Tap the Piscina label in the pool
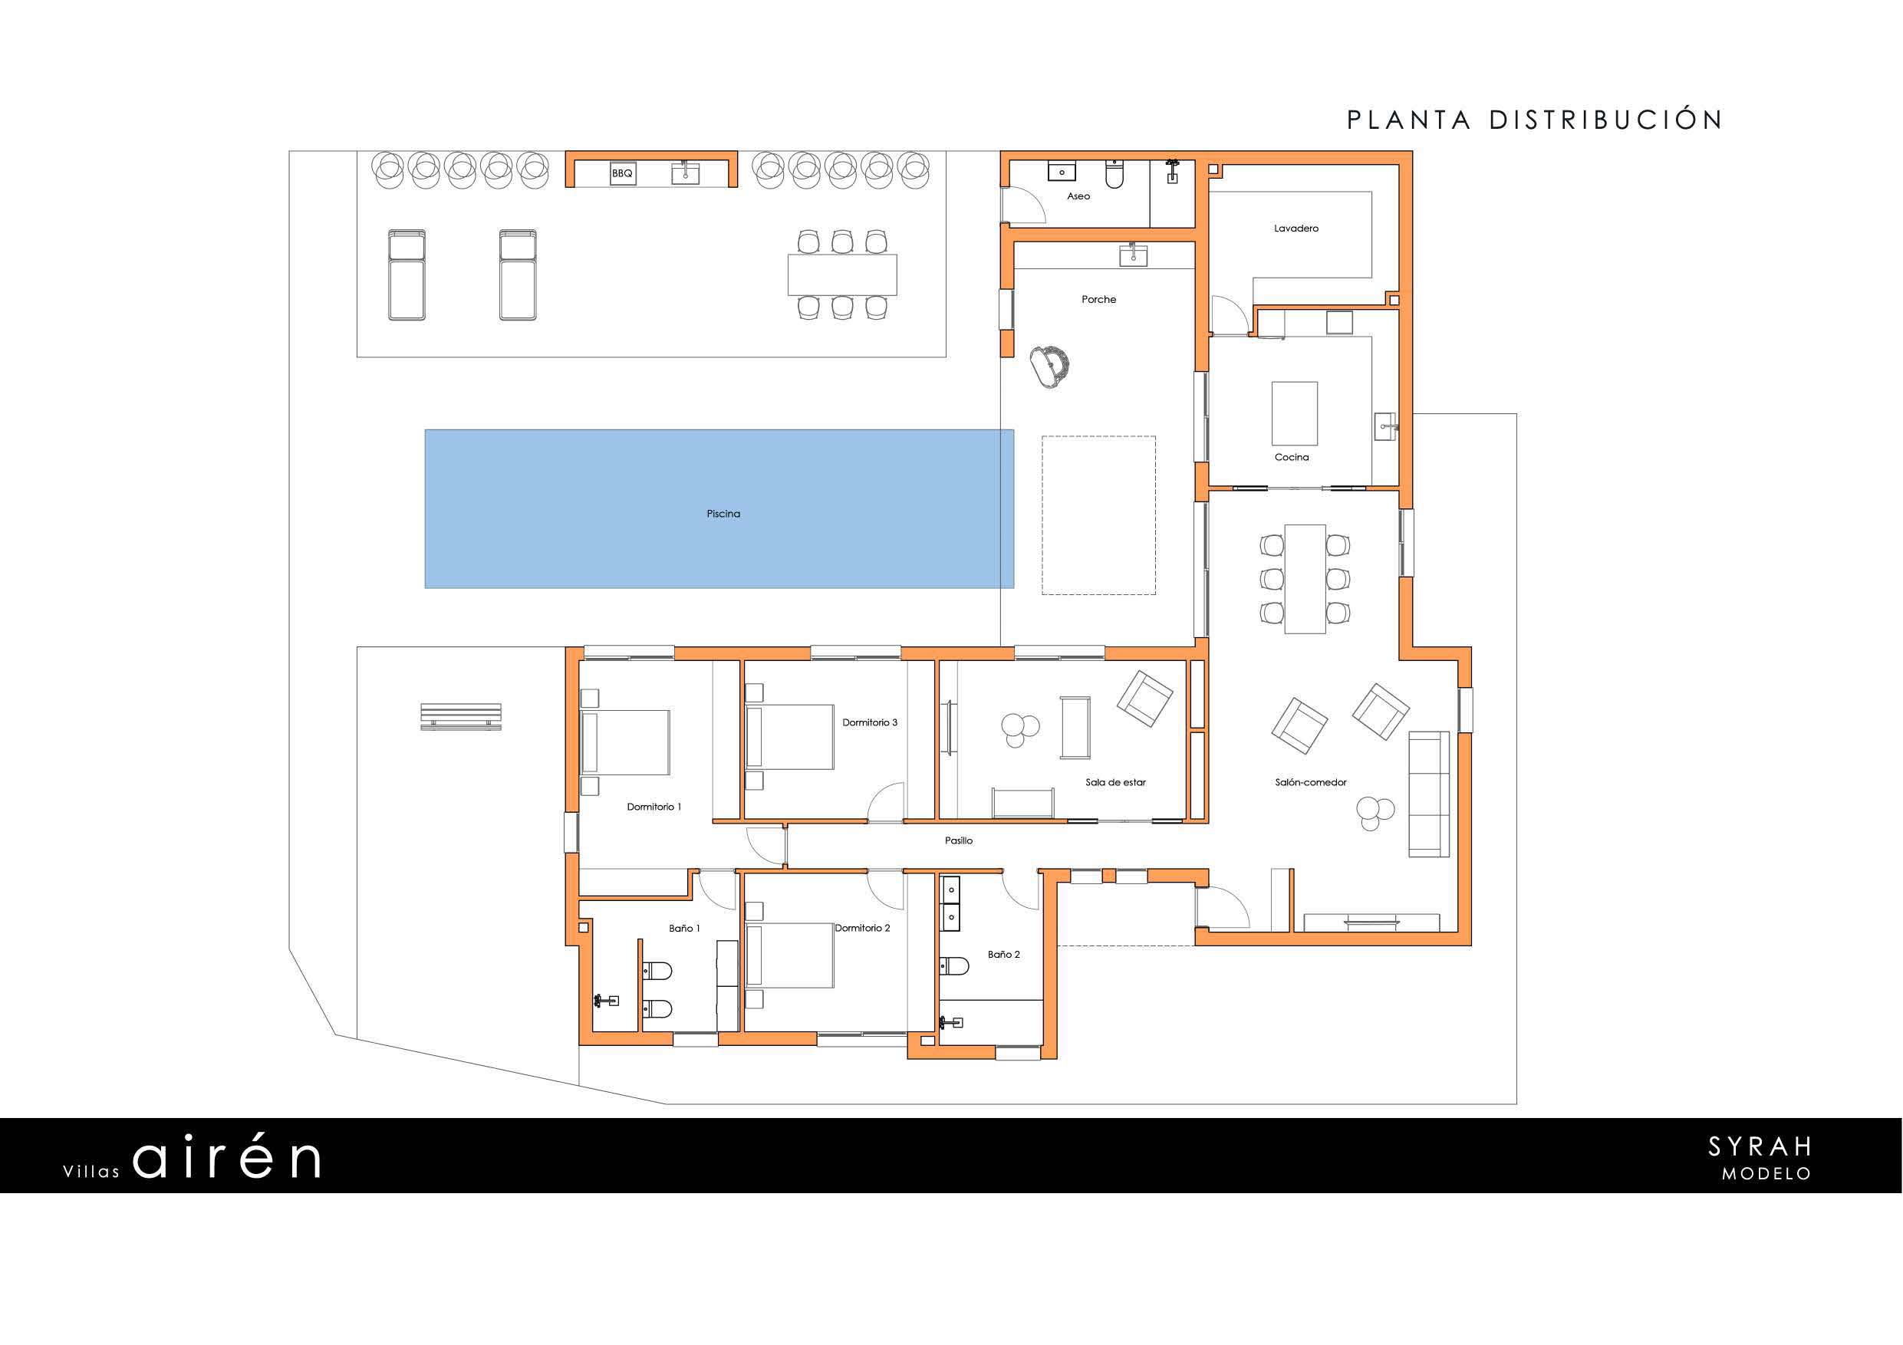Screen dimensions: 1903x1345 pyautogui.click(x=723, y=514)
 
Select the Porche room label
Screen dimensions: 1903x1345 pyautogui.click(x=1098, y=299)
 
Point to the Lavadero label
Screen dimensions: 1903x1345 pyautogui.click(x=1296, y=228)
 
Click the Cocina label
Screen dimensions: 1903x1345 pyautogui.click(x=1292, y=456)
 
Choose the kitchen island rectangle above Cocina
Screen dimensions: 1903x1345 pyautogui.click(x=1294, y=413)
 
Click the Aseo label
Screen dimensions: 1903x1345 pyautogui.click(x=1078, y=196)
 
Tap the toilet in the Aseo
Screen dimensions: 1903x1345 pyautogui.click(x=1114, y=175)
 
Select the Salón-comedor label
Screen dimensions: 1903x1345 pyautogui.click(x=1310, y=781)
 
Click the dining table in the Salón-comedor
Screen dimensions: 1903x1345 pyautogui.click(x=1305, y=578)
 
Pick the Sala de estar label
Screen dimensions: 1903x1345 pyautogui.click(x=1115, y=781)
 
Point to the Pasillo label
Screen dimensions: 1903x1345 pyautogui.click(x=958, y=840)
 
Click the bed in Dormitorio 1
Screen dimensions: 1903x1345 pyautogui.click(x=625, y=742)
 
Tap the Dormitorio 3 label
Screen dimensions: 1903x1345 pyautogui.click(x=870, y=722)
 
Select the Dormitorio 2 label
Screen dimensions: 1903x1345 pyautogui.click(x=862, y=927)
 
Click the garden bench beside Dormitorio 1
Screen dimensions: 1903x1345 pyautogui.click(x=461, y=716)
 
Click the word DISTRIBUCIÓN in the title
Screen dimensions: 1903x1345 pyautogui.click(x=1606, y=120)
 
